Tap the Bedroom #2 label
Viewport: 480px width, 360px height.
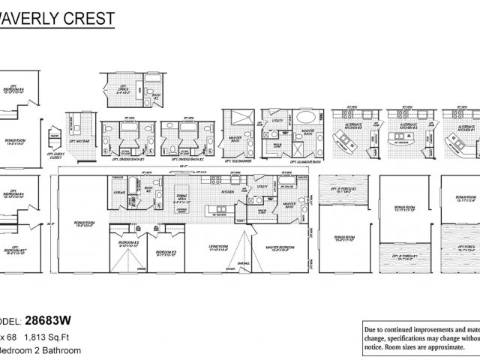point(129,242)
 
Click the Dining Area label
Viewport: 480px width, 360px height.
point(184,199)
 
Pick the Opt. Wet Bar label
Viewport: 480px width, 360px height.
point(78,140)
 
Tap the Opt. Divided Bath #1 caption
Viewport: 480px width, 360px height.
point(127,160)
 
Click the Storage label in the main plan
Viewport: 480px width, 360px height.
point(118,192)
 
